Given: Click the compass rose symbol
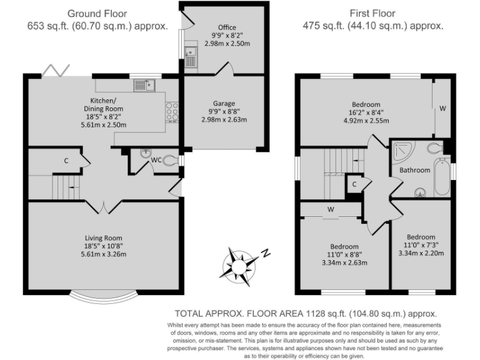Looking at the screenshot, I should [239, 264].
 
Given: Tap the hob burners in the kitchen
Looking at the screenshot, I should [172, 112].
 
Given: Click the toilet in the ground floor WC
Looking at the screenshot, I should [170, 160].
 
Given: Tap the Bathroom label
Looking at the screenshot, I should [415, 170].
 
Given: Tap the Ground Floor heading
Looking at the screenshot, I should [97, 14].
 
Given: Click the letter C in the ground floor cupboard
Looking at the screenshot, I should [66, 161].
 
